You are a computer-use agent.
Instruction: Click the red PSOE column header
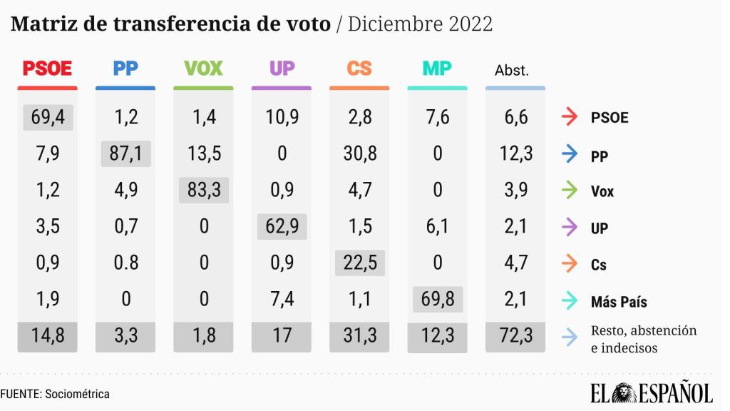tap(47, 69)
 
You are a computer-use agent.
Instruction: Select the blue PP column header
tap(125, 69)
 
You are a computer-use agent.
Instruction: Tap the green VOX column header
tap(203, 69)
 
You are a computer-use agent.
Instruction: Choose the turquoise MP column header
tap(437, 69)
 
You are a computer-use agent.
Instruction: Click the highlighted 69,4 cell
tap(47, 117)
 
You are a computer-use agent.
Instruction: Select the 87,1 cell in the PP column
tap(125, 153)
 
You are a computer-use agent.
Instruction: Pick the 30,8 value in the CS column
tap(359, 153)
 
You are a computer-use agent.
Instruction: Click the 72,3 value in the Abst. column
tap(515, 337)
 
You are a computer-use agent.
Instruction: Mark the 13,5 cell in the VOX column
tap(203, 153)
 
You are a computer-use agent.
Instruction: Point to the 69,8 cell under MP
tap(437, 300)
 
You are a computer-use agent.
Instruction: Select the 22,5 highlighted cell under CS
tap(359, 263)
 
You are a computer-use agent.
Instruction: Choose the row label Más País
tap(619, 303)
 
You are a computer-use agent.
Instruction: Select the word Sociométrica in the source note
tap(78, 394)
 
